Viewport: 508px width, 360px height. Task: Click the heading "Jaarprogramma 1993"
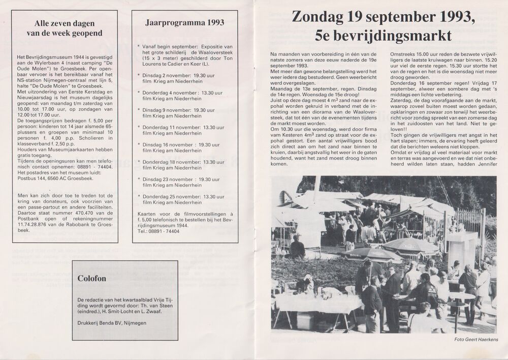click(x=184, y=23)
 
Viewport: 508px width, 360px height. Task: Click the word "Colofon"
click(x=92, y=279)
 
